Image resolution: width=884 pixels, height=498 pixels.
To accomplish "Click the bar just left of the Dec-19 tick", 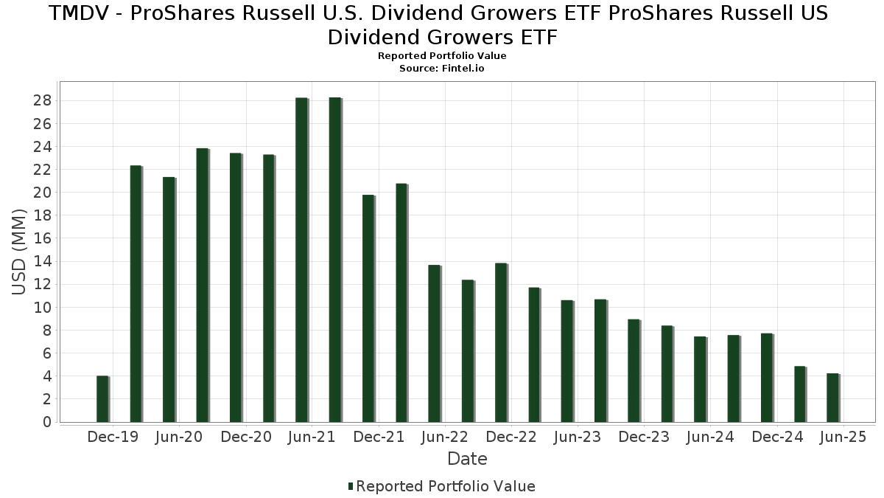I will click(102, 399).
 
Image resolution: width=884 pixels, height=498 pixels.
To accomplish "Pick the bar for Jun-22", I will click(435, 344).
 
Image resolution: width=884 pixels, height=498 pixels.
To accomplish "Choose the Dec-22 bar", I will click(501, 342).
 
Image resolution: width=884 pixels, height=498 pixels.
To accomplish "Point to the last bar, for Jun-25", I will click(833, 398).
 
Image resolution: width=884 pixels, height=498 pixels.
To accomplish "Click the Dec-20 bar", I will click(235, 288).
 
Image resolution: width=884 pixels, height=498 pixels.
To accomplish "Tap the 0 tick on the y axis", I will click(46, 422).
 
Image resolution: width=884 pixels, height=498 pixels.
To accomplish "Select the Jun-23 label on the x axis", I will click(577, 437).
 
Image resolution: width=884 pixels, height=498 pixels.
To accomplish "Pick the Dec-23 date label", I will click(644, 437).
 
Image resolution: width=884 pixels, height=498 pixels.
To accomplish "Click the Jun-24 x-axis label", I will click(710, 437).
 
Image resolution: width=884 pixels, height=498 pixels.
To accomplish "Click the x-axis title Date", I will click(467, 459).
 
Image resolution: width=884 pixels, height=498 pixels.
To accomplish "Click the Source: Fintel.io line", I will click(442, 68).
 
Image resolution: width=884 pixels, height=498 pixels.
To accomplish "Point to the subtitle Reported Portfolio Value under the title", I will click(442, 56).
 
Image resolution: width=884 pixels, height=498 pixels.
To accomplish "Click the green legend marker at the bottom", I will click(351, 486).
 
